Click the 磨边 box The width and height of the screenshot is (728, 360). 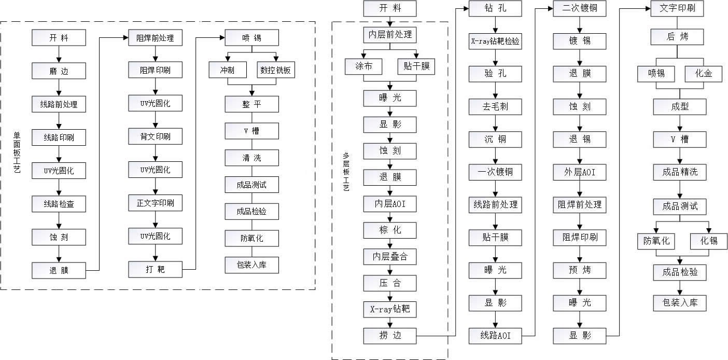pyautogui.click(x=59, y=71)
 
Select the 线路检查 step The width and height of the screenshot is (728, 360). pyautogui.click(x=59, y=204)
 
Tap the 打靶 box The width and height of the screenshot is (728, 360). pyautogui.click(x=156, y=270)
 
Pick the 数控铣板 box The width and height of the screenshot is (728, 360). pyautogui.click(x=276, y=70)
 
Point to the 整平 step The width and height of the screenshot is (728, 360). pyautogui.click(x=252, y=104)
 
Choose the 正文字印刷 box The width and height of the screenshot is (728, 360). pyautogui.click(x=156, y=202)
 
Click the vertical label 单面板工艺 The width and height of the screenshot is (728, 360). pyautogui.click(x=17, y=153)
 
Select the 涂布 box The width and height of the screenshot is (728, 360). pyautogui.click(x=363, y=66)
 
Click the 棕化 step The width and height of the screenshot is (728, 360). pyautogui.click(x=389, y=230)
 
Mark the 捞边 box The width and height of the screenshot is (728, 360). pyautogui.click(x=389, y=336)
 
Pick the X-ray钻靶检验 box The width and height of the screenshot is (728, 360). pyautogui.click(x=495, y=43)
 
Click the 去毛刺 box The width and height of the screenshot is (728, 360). pyautogui.click(x=495, y=107)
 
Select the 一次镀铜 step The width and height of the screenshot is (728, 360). pyautogui.click(x=495, y=172)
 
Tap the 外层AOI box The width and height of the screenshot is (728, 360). pyautogui.click(x=579, y=172)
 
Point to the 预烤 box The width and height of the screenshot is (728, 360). pyautogui.click(x=579, y=270)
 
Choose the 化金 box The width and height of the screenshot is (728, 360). pyautogui.click(x=704, y=74)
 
